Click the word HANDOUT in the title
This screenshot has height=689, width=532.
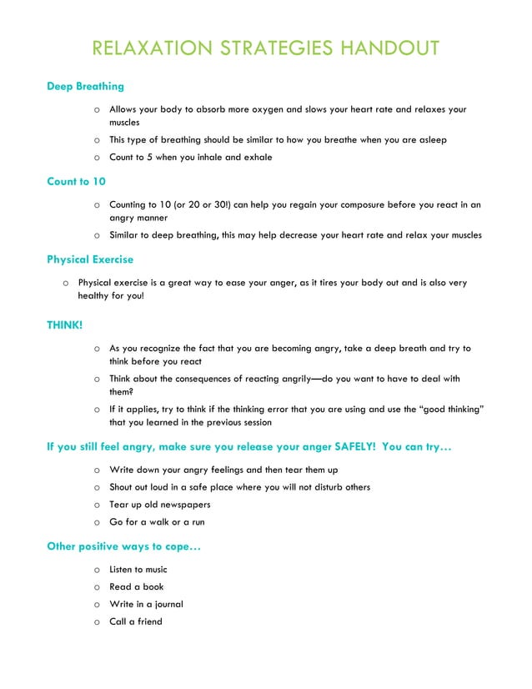point(389,48)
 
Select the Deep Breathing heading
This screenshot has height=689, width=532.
point(85,86)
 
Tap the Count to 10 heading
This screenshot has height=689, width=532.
point(76,181)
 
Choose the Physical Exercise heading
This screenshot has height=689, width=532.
point(90,259)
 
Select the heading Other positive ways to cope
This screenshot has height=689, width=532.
point(123,547)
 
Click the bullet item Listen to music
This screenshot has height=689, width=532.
point(138,570)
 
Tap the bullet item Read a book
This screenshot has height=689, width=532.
point(136,586)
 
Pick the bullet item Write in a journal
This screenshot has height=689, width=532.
point(146,604)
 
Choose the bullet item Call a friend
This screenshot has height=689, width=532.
point(135,621)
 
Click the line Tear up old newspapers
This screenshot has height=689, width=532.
point(159,505)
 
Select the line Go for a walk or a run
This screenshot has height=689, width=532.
point(157,522)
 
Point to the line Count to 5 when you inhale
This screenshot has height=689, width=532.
point(190,157)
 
